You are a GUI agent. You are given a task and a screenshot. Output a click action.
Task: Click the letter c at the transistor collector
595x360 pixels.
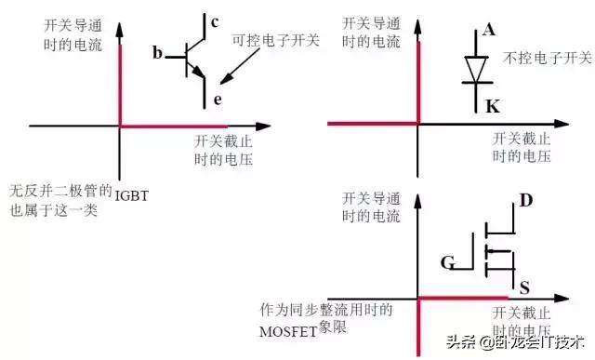point(215,22)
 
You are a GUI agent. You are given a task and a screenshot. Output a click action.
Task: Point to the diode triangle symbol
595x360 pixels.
point(476,68)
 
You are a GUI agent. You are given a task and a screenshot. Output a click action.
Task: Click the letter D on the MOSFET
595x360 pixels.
point(525,200)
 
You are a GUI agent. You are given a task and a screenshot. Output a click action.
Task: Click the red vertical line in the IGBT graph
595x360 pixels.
point(119,84)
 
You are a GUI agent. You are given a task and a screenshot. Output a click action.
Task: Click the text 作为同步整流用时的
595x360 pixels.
point(325,308)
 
